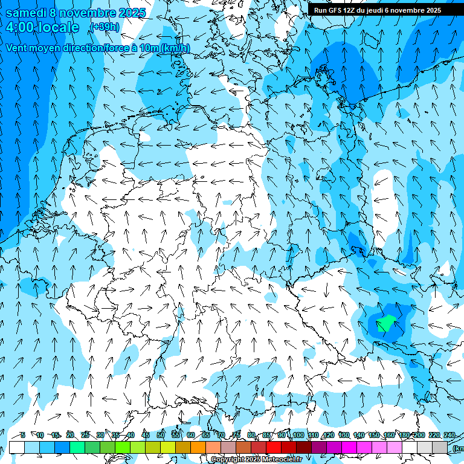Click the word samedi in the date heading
tap(27, 13)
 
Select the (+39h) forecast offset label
tap(105, 27)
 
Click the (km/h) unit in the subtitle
tap(175, 48)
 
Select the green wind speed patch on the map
tap(385, 324)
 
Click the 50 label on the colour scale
tap(161, 435)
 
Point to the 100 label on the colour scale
tap(298, 435)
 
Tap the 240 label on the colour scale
tap(449, 435)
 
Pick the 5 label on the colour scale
tap(22, 435)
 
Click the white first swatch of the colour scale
tap(17, 447)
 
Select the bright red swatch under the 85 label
tap(274, 447)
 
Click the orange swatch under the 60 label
tap(198, 447)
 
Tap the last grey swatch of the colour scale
tap(440, 447)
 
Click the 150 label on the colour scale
tap(374, 435)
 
